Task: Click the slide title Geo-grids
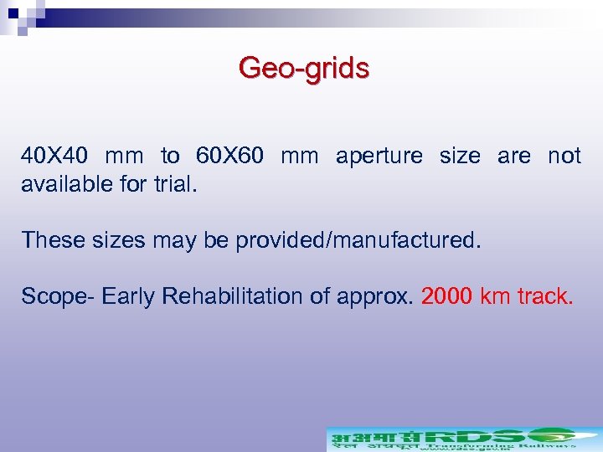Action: (x=303, y=68)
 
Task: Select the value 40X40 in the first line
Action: (x=54, y=156)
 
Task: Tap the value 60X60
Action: (x=230, y=156)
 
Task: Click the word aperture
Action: (x=379, y=157)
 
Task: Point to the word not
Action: (x=564, y=156)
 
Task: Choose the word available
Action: (x=70, y=183)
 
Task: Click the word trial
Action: (x=173, y=183)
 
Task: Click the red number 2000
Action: (x=447, y=296)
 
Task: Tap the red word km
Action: (x=497, y=296)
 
